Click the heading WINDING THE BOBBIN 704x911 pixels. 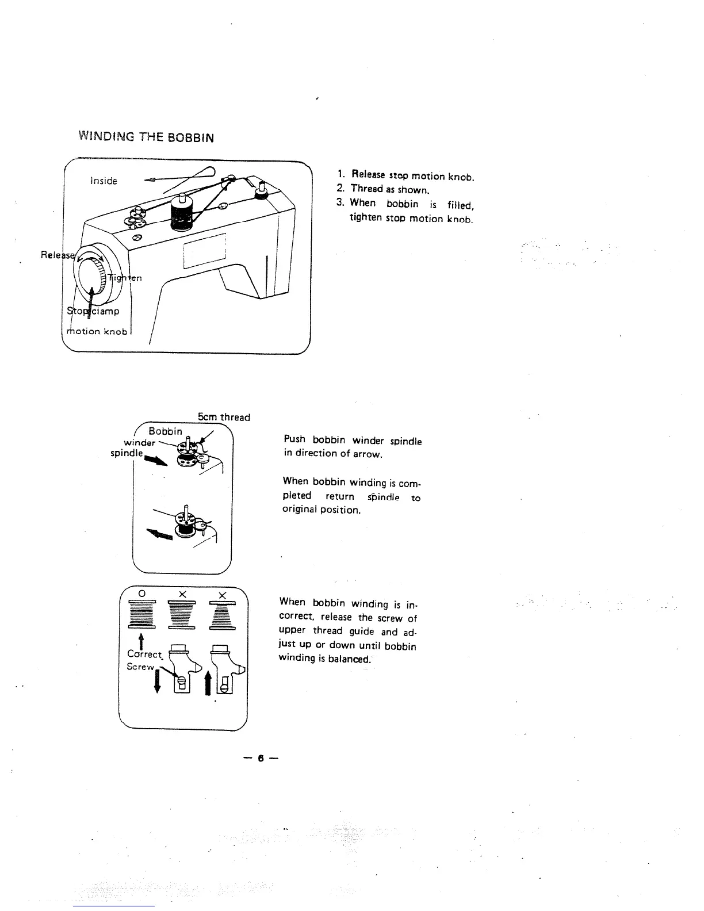146,137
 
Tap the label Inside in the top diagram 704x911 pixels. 104,181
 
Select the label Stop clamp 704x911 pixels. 93,311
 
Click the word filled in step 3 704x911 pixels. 460,205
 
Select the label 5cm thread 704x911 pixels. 224,417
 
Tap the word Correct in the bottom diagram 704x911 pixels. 144,654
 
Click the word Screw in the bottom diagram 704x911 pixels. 140,667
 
